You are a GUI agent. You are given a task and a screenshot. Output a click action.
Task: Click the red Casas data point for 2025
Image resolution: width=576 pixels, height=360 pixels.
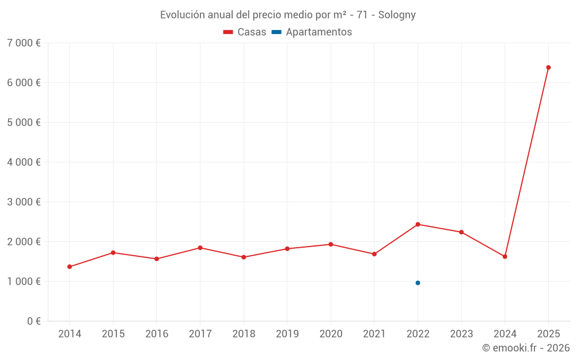point(548,67)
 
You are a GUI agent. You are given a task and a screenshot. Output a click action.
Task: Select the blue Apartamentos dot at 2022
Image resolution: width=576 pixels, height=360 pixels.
point(418,283)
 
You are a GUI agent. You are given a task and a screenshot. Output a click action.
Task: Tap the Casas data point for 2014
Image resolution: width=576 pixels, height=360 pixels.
point(70,267)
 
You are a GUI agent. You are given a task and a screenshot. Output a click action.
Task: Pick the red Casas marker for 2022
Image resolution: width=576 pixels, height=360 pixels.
point(418,224)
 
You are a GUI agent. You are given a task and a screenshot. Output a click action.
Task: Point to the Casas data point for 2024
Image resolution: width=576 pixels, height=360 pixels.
point(505,256)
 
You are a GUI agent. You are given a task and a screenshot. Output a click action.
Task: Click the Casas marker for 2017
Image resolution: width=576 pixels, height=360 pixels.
point(200,248)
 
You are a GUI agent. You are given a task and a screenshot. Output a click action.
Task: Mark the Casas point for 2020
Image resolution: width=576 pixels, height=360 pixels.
point(331,244)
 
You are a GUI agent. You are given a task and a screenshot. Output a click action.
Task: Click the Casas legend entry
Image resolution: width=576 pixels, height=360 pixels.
point(245,32)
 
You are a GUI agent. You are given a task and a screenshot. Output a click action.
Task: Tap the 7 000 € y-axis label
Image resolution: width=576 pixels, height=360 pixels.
point(24,43)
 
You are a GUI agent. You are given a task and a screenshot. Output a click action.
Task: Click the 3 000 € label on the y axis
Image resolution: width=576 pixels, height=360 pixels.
point(24,202)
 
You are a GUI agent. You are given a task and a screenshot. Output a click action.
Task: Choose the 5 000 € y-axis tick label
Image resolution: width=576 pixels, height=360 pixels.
point(24,123)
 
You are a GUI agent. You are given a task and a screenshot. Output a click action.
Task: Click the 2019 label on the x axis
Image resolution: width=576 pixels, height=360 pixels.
point(287,334)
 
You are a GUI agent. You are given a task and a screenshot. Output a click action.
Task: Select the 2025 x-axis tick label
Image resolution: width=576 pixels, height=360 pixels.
point(548,334)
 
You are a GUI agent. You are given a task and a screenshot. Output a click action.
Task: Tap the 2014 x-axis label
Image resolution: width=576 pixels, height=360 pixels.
point(70,334)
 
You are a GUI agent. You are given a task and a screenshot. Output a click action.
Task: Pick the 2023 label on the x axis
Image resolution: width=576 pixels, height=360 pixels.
point(461,334)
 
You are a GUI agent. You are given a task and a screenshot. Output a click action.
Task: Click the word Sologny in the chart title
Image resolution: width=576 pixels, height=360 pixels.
point(397,15)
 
